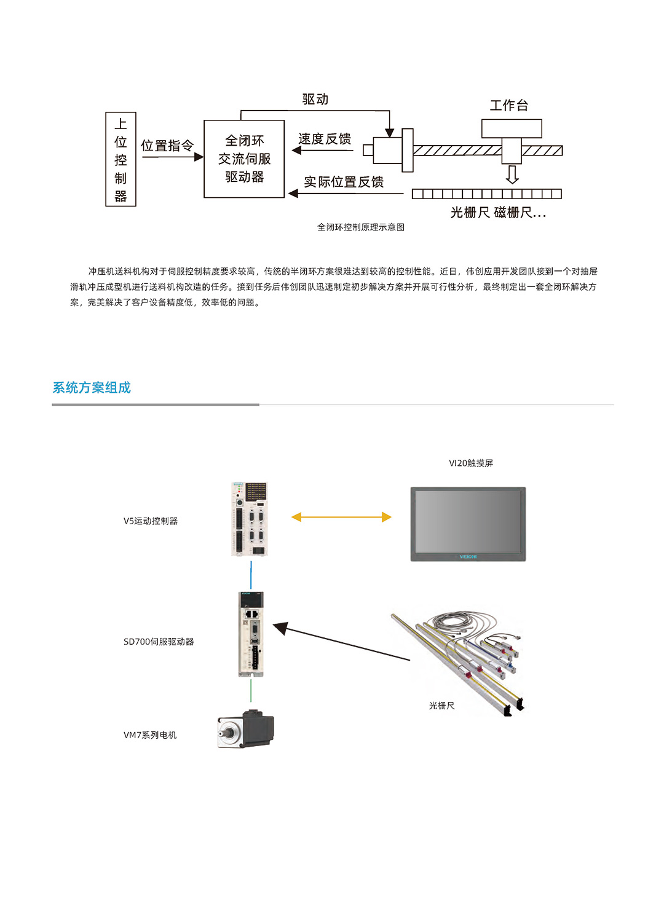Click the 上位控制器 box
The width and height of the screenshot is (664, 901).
click(121, 159)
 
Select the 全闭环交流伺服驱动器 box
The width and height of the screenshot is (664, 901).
click(244, 159)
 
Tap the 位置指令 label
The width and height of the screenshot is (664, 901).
click(167, 146)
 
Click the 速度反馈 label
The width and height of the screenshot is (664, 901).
click(325, 139)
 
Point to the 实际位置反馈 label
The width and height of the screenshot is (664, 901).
click(344, 182)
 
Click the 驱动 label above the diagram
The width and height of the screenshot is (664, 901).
click(315, 100)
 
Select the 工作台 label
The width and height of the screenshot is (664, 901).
click(509, 106)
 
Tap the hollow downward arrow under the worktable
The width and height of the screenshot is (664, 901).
click(512, 174)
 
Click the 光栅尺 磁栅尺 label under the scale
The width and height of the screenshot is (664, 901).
click(498, 213)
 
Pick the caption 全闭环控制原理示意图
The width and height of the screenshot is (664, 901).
click(361, 227)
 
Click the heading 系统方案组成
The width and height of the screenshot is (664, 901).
click(92, 388)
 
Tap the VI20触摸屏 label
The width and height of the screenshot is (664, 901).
click(471, 463)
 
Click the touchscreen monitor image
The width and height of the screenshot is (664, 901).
click(468, 524)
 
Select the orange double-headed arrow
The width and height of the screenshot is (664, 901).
click(341, 517)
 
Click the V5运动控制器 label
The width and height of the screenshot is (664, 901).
click(151, 521)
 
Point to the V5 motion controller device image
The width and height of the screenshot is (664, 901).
click(250, 519)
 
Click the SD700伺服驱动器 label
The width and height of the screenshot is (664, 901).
click(159, 642)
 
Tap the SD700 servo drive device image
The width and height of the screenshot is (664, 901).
click(251, 634)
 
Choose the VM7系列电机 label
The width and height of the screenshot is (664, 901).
click(150, 735)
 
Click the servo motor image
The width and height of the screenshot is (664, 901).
click(246, 730)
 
